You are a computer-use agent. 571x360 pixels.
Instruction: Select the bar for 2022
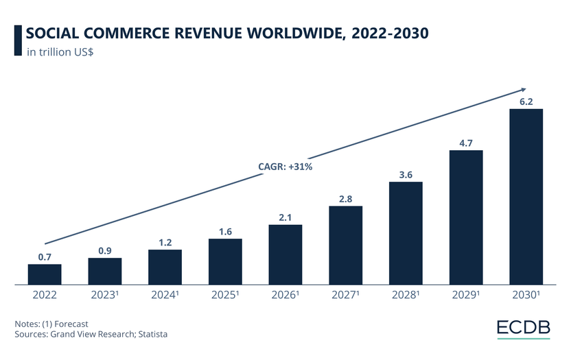click(x=45, y=274)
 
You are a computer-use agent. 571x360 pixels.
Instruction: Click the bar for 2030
click(x=526, y=196)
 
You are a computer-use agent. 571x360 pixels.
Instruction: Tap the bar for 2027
click(x=345, y=245)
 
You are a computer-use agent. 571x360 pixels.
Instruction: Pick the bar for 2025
click(x=225, y=261)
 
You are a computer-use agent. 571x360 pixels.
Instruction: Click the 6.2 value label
click(x=526, y=101)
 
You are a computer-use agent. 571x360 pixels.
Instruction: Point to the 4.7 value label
click(x=465, y=143)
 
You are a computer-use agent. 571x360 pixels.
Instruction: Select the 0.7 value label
click(x=45, y=256)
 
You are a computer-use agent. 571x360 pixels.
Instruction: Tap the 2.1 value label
click(x=285, y=217)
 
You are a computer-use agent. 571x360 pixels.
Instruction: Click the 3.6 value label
click(x=406, y=174)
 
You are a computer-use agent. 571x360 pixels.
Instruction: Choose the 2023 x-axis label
click(x=105, y=296)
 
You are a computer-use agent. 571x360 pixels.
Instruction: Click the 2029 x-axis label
click(x=466, y=296)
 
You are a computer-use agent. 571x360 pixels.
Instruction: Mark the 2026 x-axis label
click(x=285, y=296)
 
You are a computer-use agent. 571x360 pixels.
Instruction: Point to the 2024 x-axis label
click(x=165, y=296)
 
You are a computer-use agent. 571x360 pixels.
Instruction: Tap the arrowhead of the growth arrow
click(x=523, y=89)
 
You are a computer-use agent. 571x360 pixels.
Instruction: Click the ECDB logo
click(x=524, y=328)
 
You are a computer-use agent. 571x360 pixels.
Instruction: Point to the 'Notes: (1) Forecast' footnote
click(x=51, y=323)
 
